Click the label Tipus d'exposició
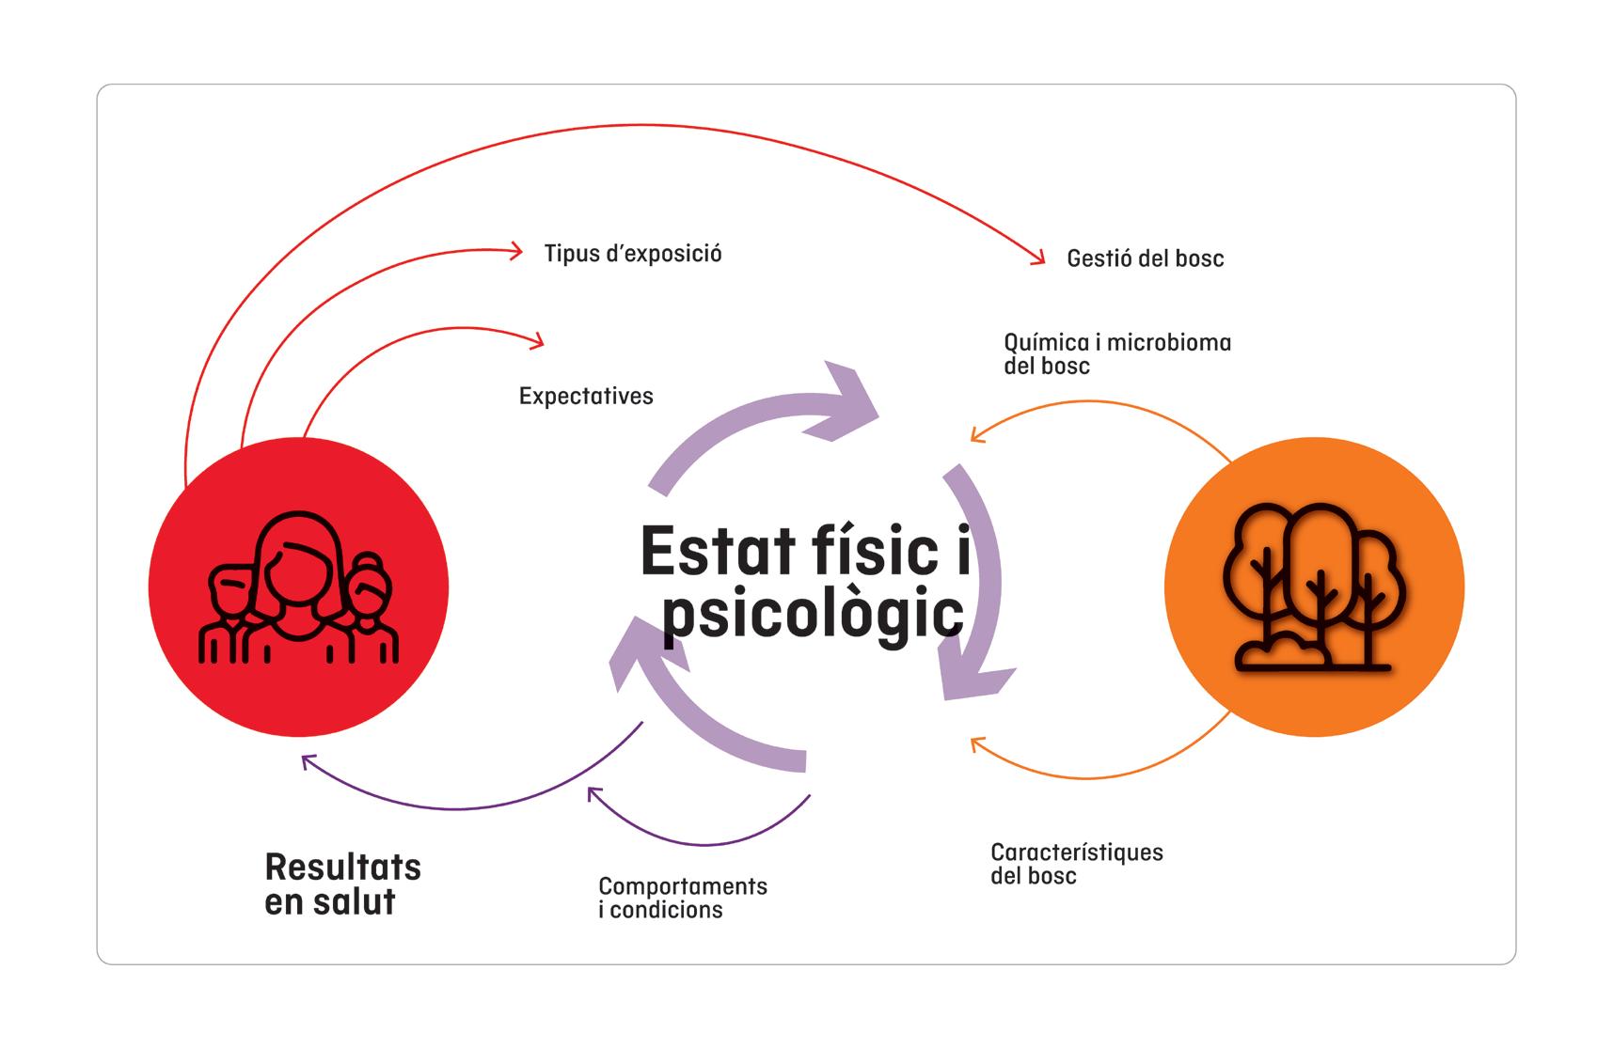[x=633, y=254]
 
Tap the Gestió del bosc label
[x=1145, y=258]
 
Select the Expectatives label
[x=586, y=396]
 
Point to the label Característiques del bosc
[x=1076, y=864]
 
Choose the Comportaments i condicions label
[x=682, y=898]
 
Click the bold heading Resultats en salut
[x=342, y=884]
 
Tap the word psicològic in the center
[x=814, y=614]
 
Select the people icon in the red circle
[x=298, y=587]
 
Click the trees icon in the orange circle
[x=1314, y=587]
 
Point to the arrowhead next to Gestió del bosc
[x=1038, y=258]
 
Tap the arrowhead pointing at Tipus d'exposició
[x=516, y=250]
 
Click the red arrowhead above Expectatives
[x=537, y=340]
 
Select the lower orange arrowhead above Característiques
[x=977, y=745]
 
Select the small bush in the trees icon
[x=1283, y=650]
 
